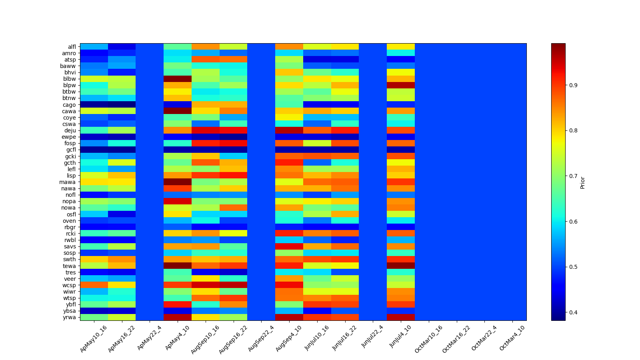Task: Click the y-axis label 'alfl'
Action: click(x=72, y=47)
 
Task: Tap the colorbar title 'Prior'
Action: click(x=582, y=182)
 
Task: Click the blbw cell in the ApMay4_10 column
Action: click(x=178, y=79)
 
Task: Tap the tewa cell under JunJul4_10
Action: click(x=401, y=266)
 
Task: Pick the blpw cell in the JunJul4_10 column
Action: click(x=401, y=85)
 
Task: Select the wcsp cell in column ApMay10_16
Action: click(x=94, y=285)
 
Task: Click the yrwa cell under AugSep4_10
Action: click(x=289, y=317)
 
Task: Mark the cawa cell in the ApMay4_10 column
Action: click(x=178, y=111)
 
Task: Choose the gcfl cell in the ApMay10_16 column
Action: click(x=94, y=150)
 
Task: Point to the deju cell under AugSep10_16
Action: click(x=206, y=130)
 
